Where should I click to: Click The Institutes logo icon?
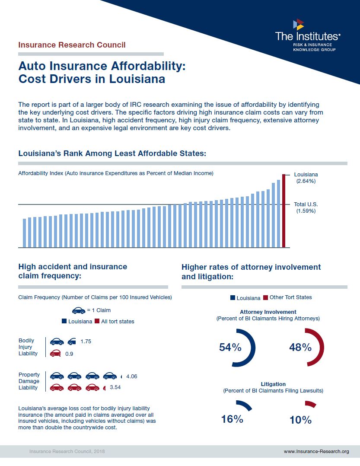(x=298, y=24)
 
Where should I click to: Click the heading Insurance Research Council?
(x=72, y=45)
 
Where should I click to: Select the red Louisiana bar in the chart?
(x=284, y=211)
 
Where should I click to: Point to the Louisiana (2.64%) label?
(x=306, y=178)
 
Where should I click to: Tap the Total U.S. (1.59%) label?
(x=306, y=207)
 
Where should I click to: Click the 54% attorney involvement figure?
(x=230, y=348)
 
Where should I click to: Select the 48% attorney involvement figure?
(x=300, y=348)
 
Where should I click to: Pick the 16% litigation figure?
(x=232, y=419)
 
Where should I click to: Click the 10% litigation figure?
(x=300, y=419)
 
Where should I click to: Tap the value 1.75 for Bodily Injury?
(x=86, y=342)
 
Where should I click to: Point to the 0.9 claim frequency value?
(x=69, y=354)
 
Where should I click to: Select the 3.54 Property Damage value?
(x=115, y=387)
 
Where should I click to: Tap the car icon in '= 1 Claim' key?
(x=78, y=310)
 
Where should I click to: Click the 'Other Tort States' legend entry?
(x=287, y=297)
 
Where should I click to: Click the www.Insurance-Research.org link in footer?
(x=316, y=451)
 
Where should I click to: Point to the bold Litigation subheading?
(x=273, y=384)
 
